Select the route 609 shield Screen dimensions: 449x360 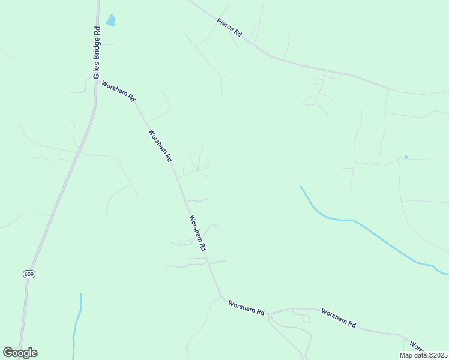[x=29, y=274]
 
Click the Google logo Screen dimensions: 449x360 [x=20, y=353]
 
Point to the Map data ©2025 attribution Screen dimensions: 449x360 [x=424, y=355]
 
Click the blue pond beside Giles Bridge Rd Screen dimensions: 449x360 [x=110, y=21]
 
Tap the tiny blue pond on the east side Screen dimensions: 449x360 [x=406, y=157]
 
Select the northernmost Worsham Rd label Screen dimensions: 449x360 [x=118, y=92]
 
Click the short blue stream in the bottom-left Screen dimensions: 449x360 [x=77, y=324]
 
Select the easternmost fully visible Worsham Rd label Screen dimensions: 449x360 [x=339, y=318]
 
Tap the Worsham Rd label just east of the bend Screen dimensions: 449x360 [x=246, y=308]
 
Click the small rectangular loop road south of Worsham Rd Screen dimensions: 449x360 [x=306, y=319]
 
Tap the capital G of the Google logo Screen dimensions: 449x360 [x=8, y=353]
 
